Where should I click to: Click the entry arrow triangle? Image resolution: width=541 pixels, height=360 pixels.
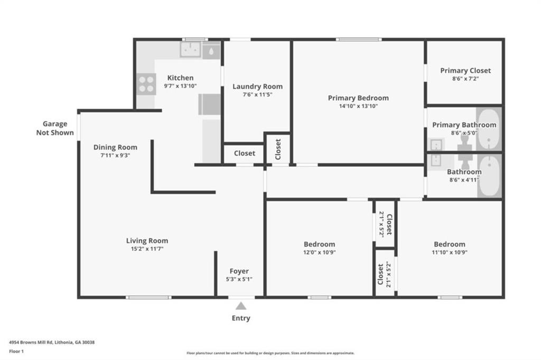point(241,306)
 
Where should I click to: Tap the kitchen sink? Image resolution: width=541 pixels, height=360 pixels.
point(190,50)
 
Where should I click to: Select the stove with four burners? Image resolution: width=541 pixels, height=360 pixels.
point(146,84)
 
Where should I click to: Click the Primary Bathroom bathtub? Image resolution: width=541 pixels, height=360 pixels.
point(489,129)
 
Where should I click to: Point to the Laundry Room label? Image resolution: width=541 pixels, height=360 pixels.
point(257,86)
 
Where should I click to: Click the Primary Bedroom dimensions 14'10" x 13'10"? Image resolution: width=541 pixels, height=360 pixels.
point(359,106)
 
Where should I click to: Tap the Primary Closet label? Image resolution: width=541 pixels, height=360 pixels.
point(465,70)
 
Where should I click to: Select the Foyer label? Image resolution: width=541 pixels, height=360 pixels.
point(239,271)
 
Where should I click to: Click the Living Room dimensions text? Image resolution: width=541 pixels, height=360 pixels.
point(147,249)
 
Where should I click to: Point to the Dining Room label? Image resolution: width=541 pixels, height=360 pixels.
point(115,147)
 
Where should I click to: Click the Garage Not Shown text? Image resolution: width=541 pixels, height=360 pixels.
point(55,128)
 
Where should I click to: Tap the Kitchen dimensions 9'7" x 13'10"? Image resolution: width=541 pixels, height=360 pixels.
point(181,86)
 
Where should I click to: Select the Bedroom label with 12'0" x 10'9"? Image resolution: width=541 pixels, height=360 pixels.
point(319,244)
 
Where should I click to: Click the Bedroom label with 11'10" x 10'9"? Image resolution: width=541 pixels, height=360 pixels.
point(450,244)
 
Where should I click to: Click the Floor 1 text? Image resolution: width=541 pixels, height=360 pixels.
point(16,352)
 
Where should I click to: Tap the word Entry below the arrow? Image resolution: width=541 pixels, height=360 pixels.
point(241,318)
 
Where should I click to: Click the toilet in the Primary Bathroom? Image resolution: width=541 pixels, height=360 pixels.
point(464,143)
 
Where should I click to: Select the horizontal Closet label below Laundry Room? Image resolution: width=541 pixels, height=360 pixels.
point(245,153)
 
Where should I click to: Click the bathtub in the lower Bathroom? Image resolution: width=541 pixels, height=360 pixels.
point(490,176)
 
